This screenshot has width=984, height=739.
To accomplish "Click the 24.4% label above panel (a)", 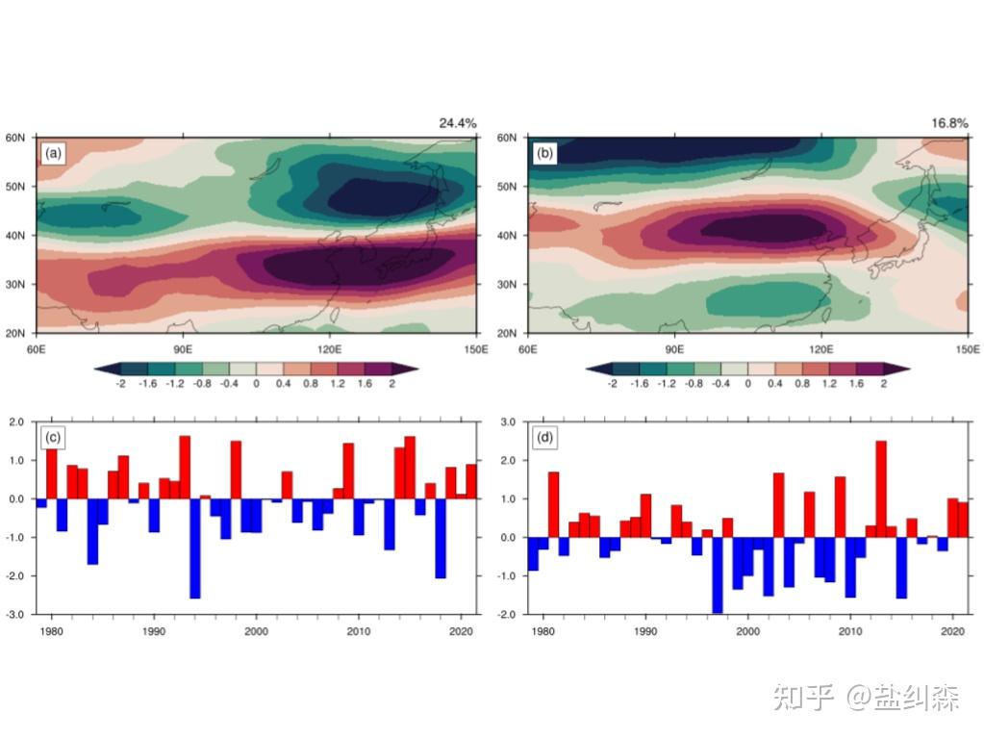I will coord(457,123).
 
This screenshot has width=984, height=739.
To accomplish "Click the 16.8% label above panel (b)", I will coord(948,123).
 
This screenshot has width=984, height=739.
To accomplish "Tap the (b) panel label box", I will coord(544,153).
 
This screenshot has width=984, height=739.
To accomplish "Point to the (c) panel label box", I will coord(52,438).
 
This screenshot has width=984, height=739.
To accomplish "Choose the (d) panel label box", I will coord(544,438).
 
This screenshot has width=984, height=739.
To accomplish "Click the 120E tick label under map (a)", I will coord(330,348).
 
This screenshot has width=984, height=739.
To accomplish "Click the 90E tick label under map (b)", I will coord(674,348).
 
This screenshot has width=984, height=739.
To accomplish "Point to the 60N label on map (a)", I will coord(20,138).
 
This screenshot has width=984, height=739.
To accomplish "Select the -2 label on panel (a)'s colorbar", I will coord(119,383).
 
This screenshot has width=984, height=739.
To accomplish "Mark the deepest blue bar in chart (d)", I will coord(717,574).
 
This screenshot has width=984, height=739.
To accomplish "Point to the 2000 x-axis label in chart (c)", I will coord(256,631).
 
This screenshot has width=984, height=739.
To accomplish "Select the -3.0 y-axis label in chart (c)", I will coord(18,614).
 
